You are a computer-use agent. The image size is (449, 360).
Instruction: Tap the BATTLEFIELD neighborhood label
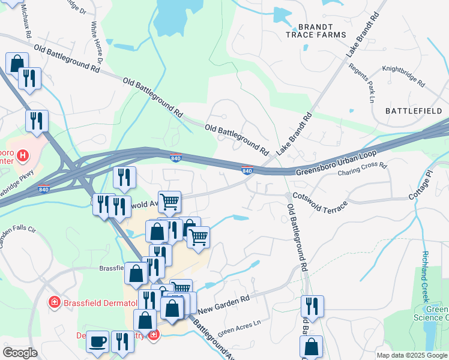[x=414, y=111]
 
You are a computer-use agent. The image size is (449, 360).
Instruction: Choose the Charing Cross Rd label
[x=363, y=170]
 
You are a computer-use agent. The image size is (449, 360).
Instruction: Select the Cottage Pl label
[x=421, y=188]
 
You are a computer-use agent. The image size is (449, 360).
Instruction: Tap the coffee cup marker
[x=97, y=341]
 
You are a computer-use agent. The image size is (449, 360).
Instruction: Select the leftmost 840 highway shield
[x=43, y=190]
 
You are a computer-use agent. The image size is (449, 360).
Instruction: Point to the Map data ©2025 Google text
[x=412, y=355]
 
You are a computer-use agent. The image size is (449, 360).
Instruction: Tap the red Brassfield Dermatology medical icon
[x=55, y=301]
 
